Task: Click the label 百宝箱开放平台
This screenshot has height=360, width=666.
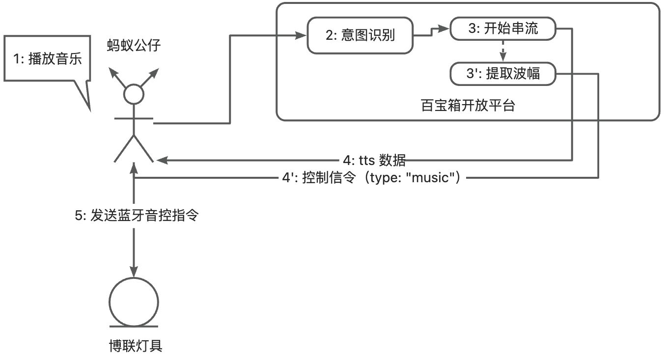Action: [468, 106]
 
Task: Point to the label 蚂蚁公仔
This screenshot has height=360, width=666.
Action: [134, 45]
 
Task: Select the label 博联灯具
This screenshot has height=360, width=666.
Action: [136, 346]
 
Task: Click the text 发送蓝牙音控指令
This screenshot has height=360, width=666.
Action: [144, 215]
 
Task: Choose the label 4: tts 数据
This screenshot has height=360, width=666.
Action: [374, 161]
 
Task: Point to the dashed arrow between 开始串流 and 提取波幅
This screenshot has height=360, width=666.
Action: [503, 51]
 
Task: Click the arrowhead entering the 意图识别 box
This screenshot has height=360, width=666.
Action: [301, 36]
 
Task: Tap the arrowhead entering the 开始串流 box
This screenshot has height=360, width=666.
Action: [444, 28]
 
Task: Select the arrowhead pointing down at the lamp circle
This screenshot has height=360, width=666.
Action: [134, 272]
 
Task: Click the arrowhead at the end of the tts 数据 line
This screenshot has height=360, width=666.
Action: [163, 161]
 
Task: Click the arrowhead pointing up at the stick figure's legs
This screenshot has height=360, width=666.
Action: [134, 168]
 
